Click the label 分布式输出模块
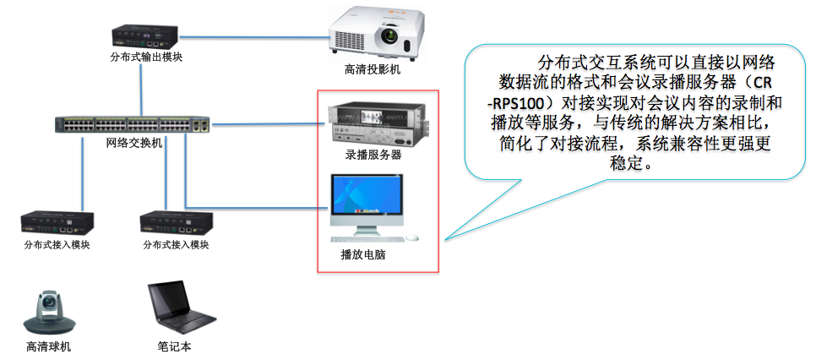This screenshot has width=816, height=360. point(146,57)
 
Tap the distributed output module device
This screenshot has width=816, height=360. point(146,37)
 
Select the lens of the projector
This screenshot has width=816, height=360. point(389,36)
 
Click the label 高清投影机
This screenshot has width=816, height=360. point(373,68)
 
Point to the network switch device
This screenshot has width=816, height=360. point(133,124)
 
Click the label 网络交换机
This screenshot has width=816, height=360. point(134,143)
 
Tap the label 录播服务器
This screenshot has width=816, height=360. point(373,155)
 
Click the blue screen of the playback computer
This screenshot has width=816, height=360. point(367,195)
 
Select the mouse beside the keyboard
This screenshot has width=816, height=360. point(412,237)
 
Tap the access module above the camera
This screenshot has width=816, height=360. point(57,222)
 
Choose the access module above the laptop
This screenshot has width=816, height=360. point(177,222)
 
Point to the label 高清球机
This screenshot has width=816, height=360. point(49,347)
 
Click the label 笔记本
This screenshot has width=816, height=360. point(174,346)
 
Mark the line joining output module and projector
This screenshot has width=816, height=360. point(254,37)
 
